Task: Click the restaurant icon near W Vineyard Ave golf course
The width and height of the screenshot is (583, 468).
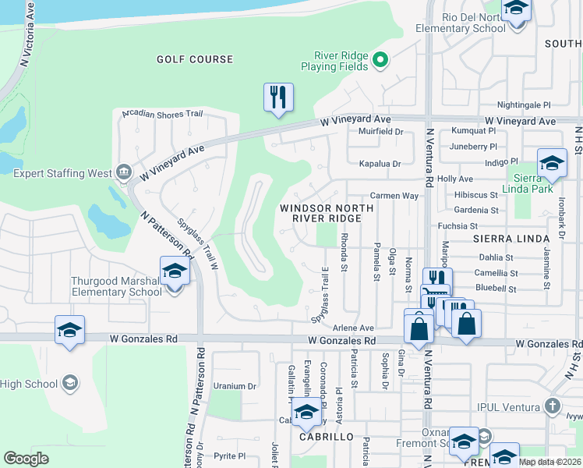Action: tap(278, 97)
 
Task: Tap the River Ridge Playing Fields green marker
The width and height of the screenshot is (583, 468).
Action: tap(380, 59)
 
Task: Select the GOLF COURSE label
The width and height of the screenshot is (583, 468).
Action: tap(194, 59)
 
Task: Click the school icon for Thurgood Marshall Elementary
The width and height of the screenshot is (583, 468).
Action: tap(175, 272)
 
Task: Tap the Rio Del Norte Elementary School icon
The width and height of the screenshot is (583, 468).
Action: tap(516, 9)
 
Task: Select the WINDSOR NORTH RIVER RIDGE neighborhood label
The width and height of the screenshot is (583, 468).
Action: tap(327, 214)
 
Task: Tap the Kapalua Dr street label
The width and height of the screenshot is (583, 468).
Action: tap(379, 164)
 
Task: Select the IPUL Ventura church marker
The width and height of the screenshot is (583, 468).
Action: tap(552, 406)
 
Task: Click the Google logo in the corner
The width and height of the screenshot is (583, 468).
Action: tap(26, 459)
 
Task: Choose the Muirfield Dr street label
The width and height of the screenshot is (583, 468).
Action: tap(380, 132)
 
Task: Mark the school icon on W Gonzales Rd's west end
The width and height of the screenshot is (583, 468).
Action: tap(69, 330)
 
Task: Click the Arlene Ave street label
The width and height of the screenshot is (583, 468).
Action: tap(354, 328)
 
